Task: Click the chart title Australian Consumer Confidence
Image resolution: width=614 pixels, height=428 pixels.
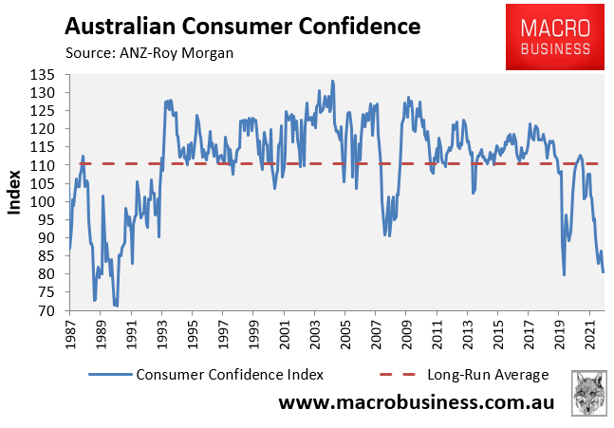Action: (243, 27)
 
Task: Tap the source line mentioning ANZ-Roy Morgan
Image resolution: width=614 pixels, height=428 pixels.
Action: (149, 53)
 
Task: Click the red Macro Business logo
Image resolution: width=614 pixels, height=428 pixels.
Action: (555, 37)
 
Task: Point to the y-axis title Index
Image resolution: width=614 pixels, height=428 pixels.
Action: (13, 193)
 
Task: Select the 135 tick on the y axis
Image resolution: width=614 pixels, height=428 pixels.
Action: (42, 75)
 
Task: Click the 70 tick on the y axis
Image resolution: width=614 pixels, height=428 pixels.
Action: (47, 310)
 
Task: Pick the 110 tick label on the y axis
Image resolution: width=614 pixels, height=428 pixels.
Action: (42, 166)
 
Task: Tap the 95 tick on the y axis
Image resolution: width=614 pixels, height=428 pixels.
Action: (47, 219)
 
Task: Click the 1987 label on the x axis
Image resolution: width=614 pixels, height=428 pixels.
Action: (70, 335)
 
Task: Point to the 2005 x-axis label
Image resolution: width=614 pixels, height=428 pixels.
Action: (345, 335)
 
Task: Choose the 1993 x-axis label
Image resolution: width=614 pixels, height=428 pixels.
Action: (161, 335)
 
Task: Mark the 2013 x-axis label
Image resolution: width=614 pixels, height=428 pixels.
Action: (468, 335)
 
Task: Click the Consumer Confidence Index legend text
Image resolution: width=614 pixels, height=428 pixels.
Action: (230, 375)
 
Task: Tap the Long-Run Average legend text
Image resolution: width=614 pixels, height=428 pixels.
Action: (488, 375)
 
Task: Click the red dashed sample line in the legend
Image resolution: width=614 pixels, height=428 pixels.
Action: (398, 375)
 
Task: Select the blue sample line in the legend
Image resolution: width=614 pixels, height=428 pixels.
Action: (110, 375)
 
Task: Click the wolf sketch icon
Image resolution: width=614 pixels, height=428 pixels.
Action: (589, 393)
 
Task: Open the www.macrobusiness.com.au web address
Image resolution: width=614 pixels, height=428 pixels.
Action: (417, 402)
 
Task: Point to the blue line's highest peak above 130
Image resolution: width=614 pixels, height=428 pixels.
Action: (332, 81)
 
